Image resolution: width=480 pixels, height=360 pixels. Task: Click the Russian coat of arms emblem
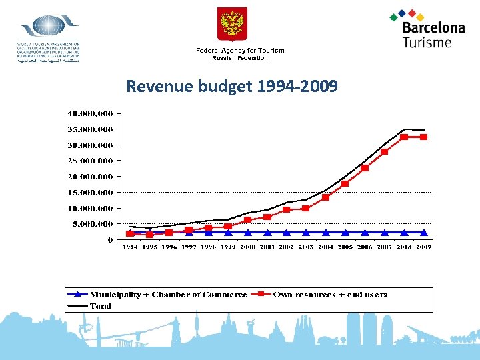(232, 24)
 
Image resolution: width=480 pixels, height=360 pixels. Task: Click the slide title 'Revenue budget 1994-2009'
(232, 86)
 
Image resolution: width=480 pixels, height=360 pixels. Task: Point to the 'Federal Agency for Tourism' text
(240, 51)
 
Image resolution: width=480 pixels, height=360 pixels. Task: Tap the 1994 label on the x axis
(130, 247)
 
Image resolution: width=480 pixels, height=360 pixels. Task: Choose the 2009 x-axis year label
(423, 247)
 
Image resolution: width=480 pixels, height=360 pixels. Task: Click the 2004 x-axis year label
(326, 247)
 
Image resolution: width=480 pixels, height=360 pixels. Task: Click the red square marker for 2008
(404, 137)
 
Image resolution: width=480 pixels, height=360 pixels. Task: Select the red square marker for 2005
(345, 183)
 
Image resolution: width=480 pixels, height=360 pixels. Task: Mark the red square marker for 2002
(287, 209)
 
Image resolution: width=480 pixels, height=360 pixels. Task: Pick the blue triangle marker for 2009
(423, 233)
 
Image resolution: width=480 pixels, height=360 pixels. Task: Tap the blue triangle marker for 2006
(365, 233)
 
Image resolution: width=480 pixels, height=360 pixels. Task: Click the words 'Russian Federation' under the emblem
(240, 58)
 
